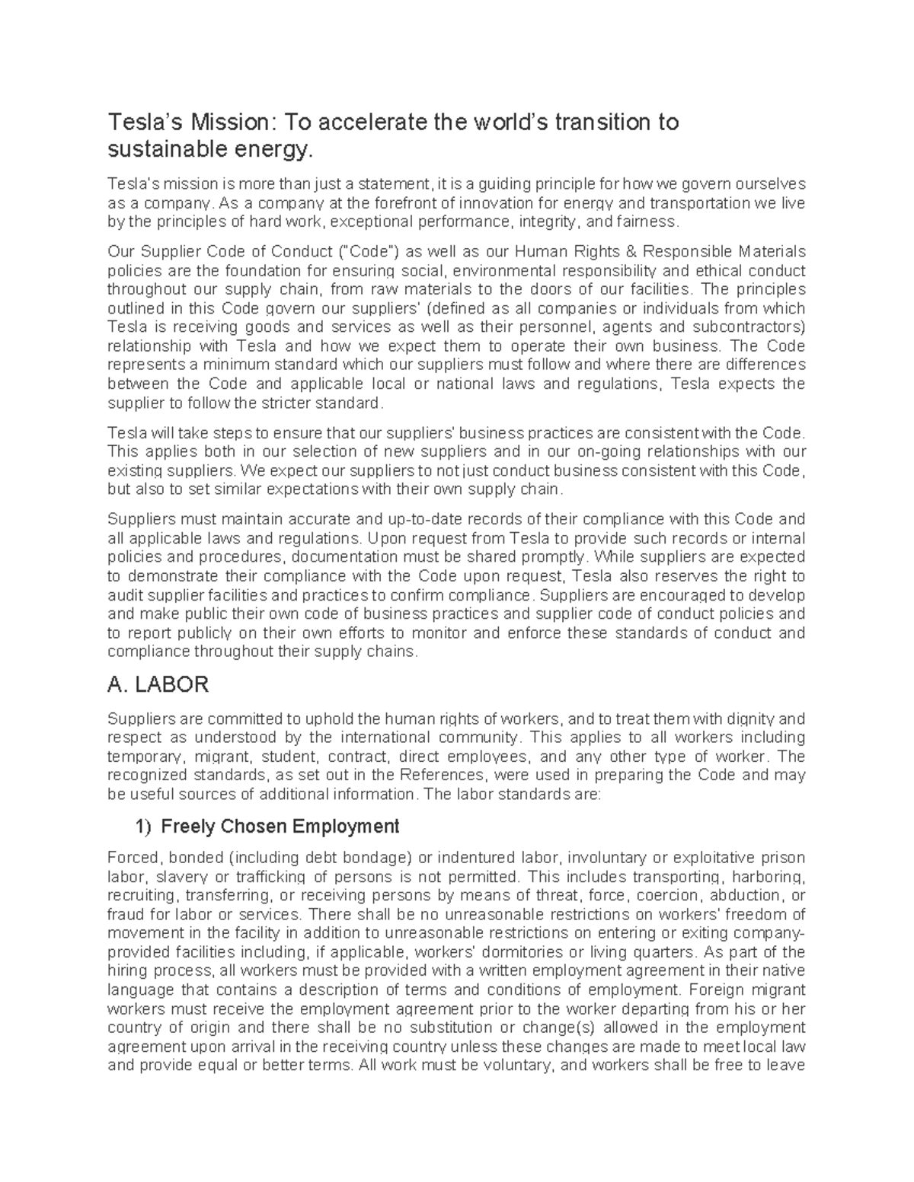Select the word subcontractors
click(746, 327)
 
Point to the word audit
click(123, 595)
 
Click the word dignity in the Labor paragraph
click(743, 718)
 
